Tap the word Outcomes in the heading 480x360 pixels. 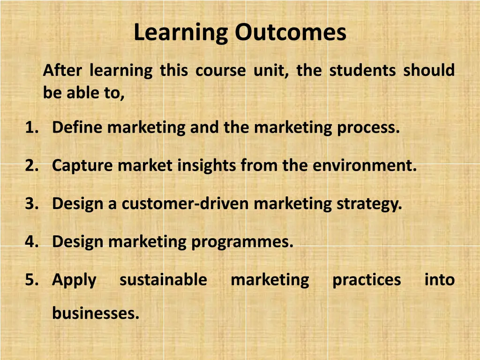[x=291, y=33]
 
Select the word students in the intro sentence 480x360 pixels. [x=362, y=70]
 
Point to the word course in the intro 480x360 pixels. [x=220, y=70]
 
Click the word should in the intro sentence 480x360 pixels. [x=429, y=70]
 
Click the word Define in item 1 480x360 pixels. [x=78, y=127]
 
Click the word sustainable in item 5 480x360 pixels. [x=163, y=280]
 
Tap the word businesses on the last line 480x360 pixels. [x=96, y=313]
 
